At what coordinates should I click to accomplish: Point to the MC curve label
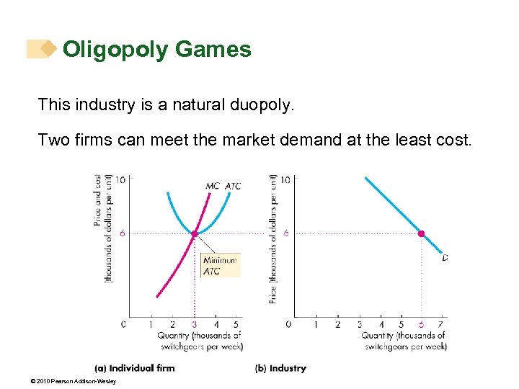tap(213, 186)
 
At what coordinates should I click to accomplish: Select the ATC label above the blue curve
tap(233, 186)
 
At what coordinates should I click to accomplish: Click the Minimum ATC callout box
tap(220, 266)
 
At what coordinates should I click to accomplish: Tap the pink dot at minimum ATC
tap(195, 233)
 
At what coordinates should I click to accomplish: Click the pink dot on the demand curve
tap(422, 233)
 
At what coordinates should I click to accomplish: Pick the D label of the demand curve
tap(445, 257)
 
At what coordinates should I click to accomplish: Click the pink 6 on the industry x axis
tap(422, 325)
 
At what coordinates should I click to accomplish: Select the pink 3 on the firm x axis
tap(195, 325)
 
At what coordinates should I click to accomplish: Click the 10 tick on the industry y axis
tap(285, 179)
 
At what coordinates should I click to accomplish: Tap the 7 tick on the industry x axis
tap(440, 325)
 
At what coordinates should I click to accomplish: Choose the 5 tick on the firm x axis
tap(236, 325)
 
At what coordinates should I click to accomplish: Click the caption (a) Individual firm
tap(135, 368)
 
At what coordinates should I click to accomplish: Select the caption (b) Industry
tap(280, 368)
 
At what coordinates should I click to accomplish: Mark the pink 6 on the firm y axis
tap(123, 233)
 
